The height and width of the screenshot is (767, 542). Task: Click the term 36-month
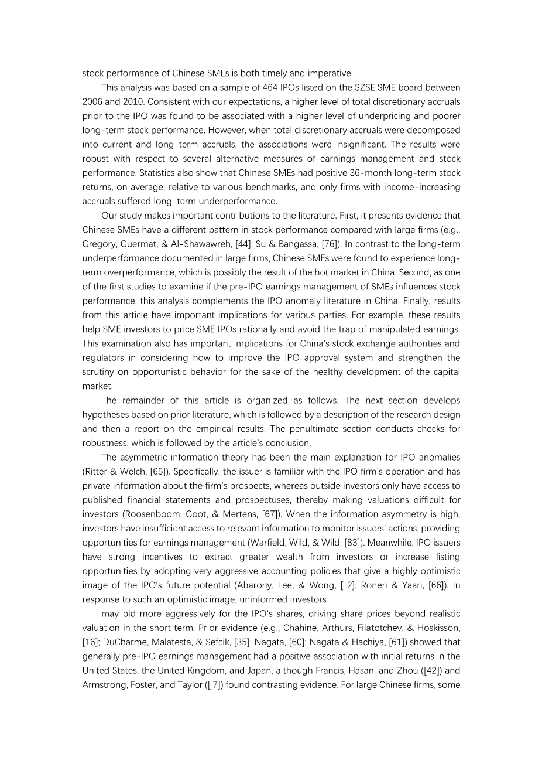[x=332, y=173]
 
